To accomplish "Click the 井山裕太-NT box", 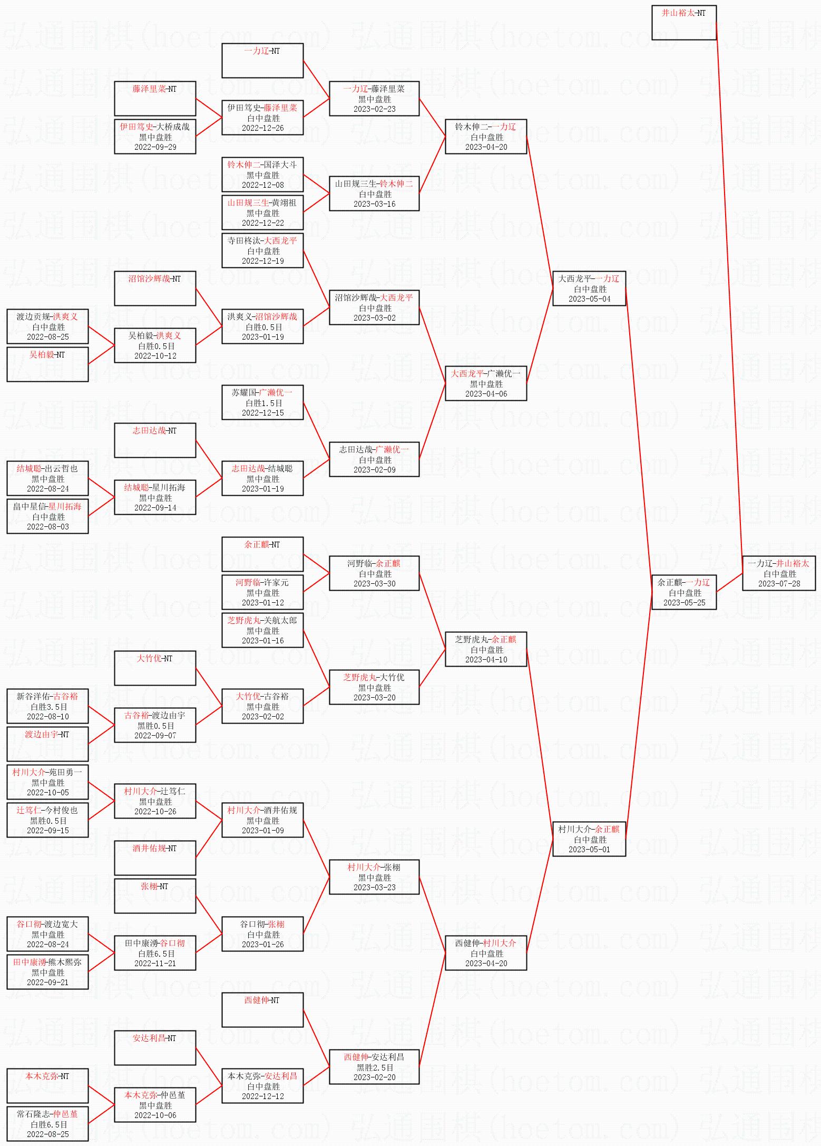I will [x=683, y=23].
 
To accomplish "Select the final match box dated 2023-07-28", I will [x=778, y=573].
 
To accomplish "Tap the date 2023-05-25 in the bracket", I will [x=684, y=603].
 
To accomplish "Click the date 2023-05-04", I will [x=589, y=299].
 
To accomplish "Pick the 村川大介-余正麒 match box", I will [x=589, y=839].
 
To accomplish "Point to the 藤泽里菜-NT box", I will [x=155, y=99].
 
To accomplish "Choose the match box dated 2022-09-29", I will [x=155, y=137].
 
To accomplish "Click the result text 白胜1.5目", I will [x=263, y=403].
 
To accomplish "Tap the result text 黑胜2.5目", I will [x=374, y=1067].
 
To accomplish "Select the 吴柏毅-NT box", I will [x=47, y=364].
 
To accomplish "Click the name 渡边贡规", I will [x=33, y=316].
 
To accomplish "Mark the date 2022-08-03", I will [x=47, y=527].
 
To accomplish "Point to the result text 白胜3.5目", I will [x=48, y=707].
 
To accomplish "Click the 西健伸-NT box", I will [x=262, y=1010].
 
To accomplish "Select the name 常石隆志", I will [x=33, y=1114].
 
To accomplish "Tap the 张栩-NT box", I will [x=155, y=896].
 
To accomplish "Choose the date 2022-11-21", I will [x=155, y=964].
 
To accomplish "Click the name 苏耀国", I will [x=243, y=392].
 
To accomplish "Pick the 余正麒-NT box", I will [x=262, y=554].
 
